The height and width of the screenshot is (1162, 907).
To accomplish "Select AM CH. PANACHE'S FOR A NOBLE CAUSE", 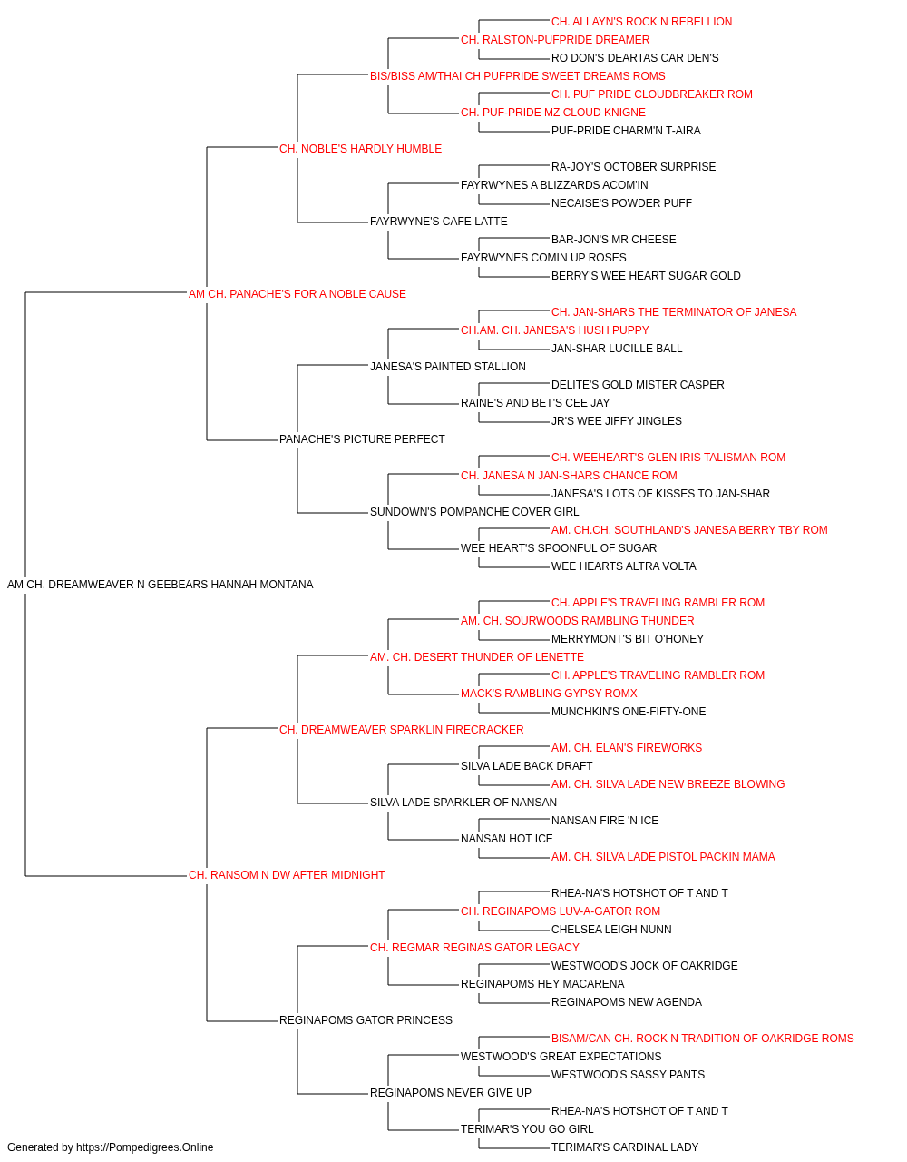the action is [297, 293].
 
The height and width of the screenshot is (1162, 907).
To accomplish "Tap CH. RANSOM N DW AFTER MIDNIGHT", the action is [287, 875].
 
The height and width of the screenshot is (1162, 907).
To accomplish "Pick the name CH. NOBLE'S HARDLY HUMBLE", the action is [361, 149].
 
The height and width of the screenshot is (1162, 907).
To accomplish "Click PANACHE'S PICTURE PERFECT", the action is [362, 439].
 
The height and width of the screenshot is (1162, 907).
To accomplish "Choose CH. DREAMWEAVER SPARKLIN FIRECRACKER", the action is [401, 729].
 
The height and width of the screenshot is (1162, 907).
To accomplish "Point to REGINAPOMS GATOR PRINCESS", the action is [366, 1019].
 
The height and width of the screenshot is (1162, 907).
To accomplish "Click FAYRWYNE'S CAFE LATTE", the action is [439, 221].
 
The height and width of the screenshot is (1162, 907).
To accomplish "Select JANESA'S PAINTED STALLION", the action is [448, 366].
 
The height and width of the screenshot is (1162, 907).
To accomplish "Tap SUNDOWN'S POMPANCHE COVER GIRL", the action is [474, 512].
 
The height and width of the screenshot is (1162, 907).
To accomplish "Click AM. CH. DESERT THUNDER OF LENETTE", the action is [477, 656].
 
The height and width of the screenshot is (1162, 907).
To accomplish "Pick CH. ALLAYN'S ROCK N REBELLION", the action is [641, 22].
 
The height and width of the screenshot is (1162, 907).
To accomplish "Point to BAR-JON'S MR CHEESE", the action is [614, 239].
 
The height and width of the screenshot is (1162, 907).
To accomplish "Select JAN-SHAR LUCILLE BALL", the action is [617, 348].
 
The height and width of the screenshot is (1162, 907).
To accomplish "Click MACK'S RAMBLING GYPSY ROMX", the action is [549, 693].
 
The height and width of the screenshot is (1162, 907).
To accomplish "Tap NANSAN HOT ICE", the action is [507, 839].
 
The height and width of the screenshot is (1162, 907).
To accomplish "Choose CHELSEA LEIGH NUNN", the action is [611, 930].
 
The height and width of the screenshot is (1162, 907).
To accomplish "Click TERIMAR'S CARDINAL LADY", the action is [625, 1147].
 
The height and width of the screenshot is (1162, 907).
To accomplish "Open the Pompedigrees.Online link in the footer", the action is [144, 1147].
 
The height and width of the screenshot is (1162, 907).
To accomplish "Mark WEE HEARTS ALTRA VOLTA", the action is [624, 566].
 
